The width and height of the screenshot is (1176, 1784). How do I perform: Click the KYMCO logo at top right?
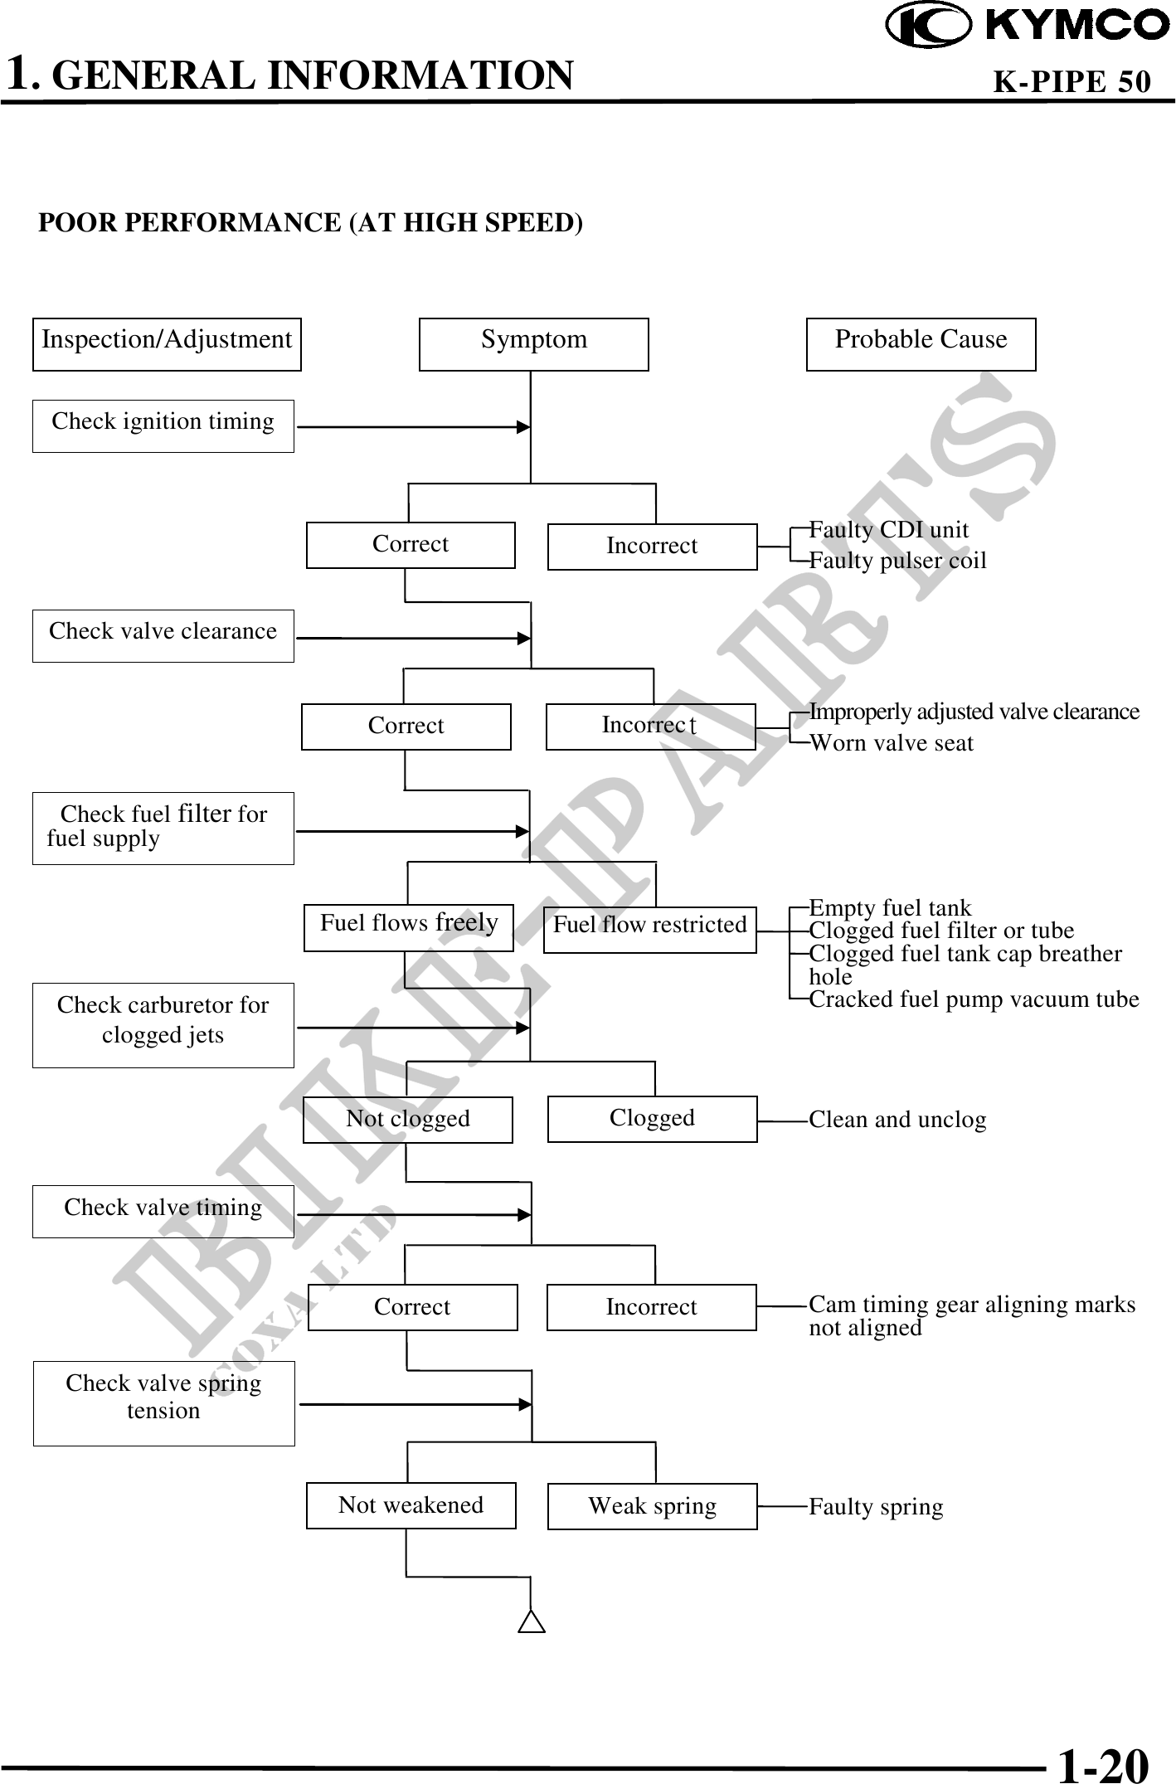click(1028, 27)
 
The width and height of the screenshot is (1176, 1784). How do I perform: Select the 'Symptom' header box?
click(533, 343)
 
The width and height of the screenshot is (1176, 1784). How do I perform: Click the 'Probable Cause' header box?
click(921, 343)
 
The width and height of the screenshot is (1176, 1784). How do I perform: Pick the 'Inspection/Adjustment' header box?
click(167, 343)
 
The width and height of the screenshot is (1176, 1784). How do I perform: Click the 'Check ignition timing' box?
click(163, 425)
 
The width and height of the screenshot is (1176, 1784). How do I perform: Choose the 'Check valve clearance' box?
click(163, 635)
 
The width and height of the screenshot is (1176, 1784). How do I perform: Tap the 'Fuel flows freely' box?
click(408, 927)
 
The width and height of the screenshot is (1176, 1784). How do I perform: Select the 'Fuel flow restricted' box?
click(650, 929)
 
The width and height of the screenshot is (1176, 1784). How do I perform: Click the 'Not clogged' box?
click(407, 1120)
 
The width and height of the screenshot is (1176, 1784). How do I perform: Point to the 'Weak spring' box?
click(652, 1505)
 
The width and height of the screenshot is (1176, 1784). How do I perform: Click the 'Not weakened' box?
click(411, 1504)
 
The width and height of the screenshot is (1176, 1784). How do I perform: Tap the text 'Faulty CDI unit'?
click(888, 530)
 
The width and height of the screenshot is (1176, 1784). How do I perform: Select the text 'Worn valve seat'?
click(891, 743)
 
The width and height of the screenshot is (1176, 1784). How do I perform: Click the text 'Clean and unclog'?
click(897, 1120)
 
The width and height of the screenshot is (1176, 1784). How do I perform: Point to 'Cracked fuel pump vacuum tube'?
click(974, 999)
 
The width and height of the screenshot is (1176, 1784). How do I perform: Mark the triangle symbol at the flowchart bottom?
click(532, 1621)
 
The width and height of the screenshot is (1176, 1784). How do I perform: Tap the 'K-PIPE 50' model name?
click(1072, 81)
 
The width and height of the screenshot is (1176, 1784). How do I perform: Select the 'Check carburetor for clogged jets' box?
click(163, 1024)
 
